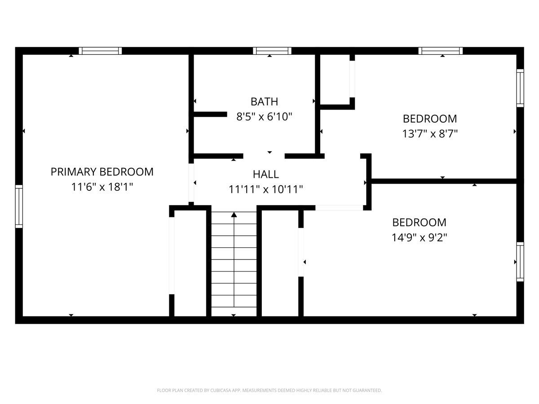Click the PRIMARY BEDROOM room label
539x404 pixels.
coord(102,172)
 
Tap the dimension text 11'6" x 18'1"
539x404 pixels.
coord(102,187)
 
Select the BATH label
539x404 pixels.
coord(264,102)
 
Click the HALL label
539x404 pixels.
coord(265,174)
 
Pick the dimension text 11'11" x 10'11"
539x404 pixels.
coord(265,189)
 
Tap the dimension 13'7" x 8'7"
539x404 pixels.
coord(430,134)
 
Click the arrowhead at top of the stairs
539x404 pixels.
coord(234,215)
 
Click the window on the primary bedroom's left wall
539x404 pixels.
coord(19,206)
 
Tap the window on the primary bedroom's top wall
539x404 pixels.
coord(100,51)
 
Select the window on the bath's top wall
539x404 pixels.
coord(272,51)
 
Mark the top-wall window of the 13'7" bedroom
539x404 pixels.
coord(440,51)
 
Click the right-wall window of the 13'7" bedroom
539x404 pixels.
coord(520,88)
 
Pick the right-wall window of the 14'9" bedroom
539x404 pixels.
coord(520,261)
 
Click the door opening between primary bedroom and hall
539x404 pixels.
coord(191,183)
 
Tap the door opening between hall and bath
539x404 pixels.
coord(264,156)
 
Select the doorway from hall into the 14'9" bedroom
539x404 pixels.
coord(339,207)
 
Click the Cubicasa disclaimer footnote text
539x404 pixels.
coord(269,391)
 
